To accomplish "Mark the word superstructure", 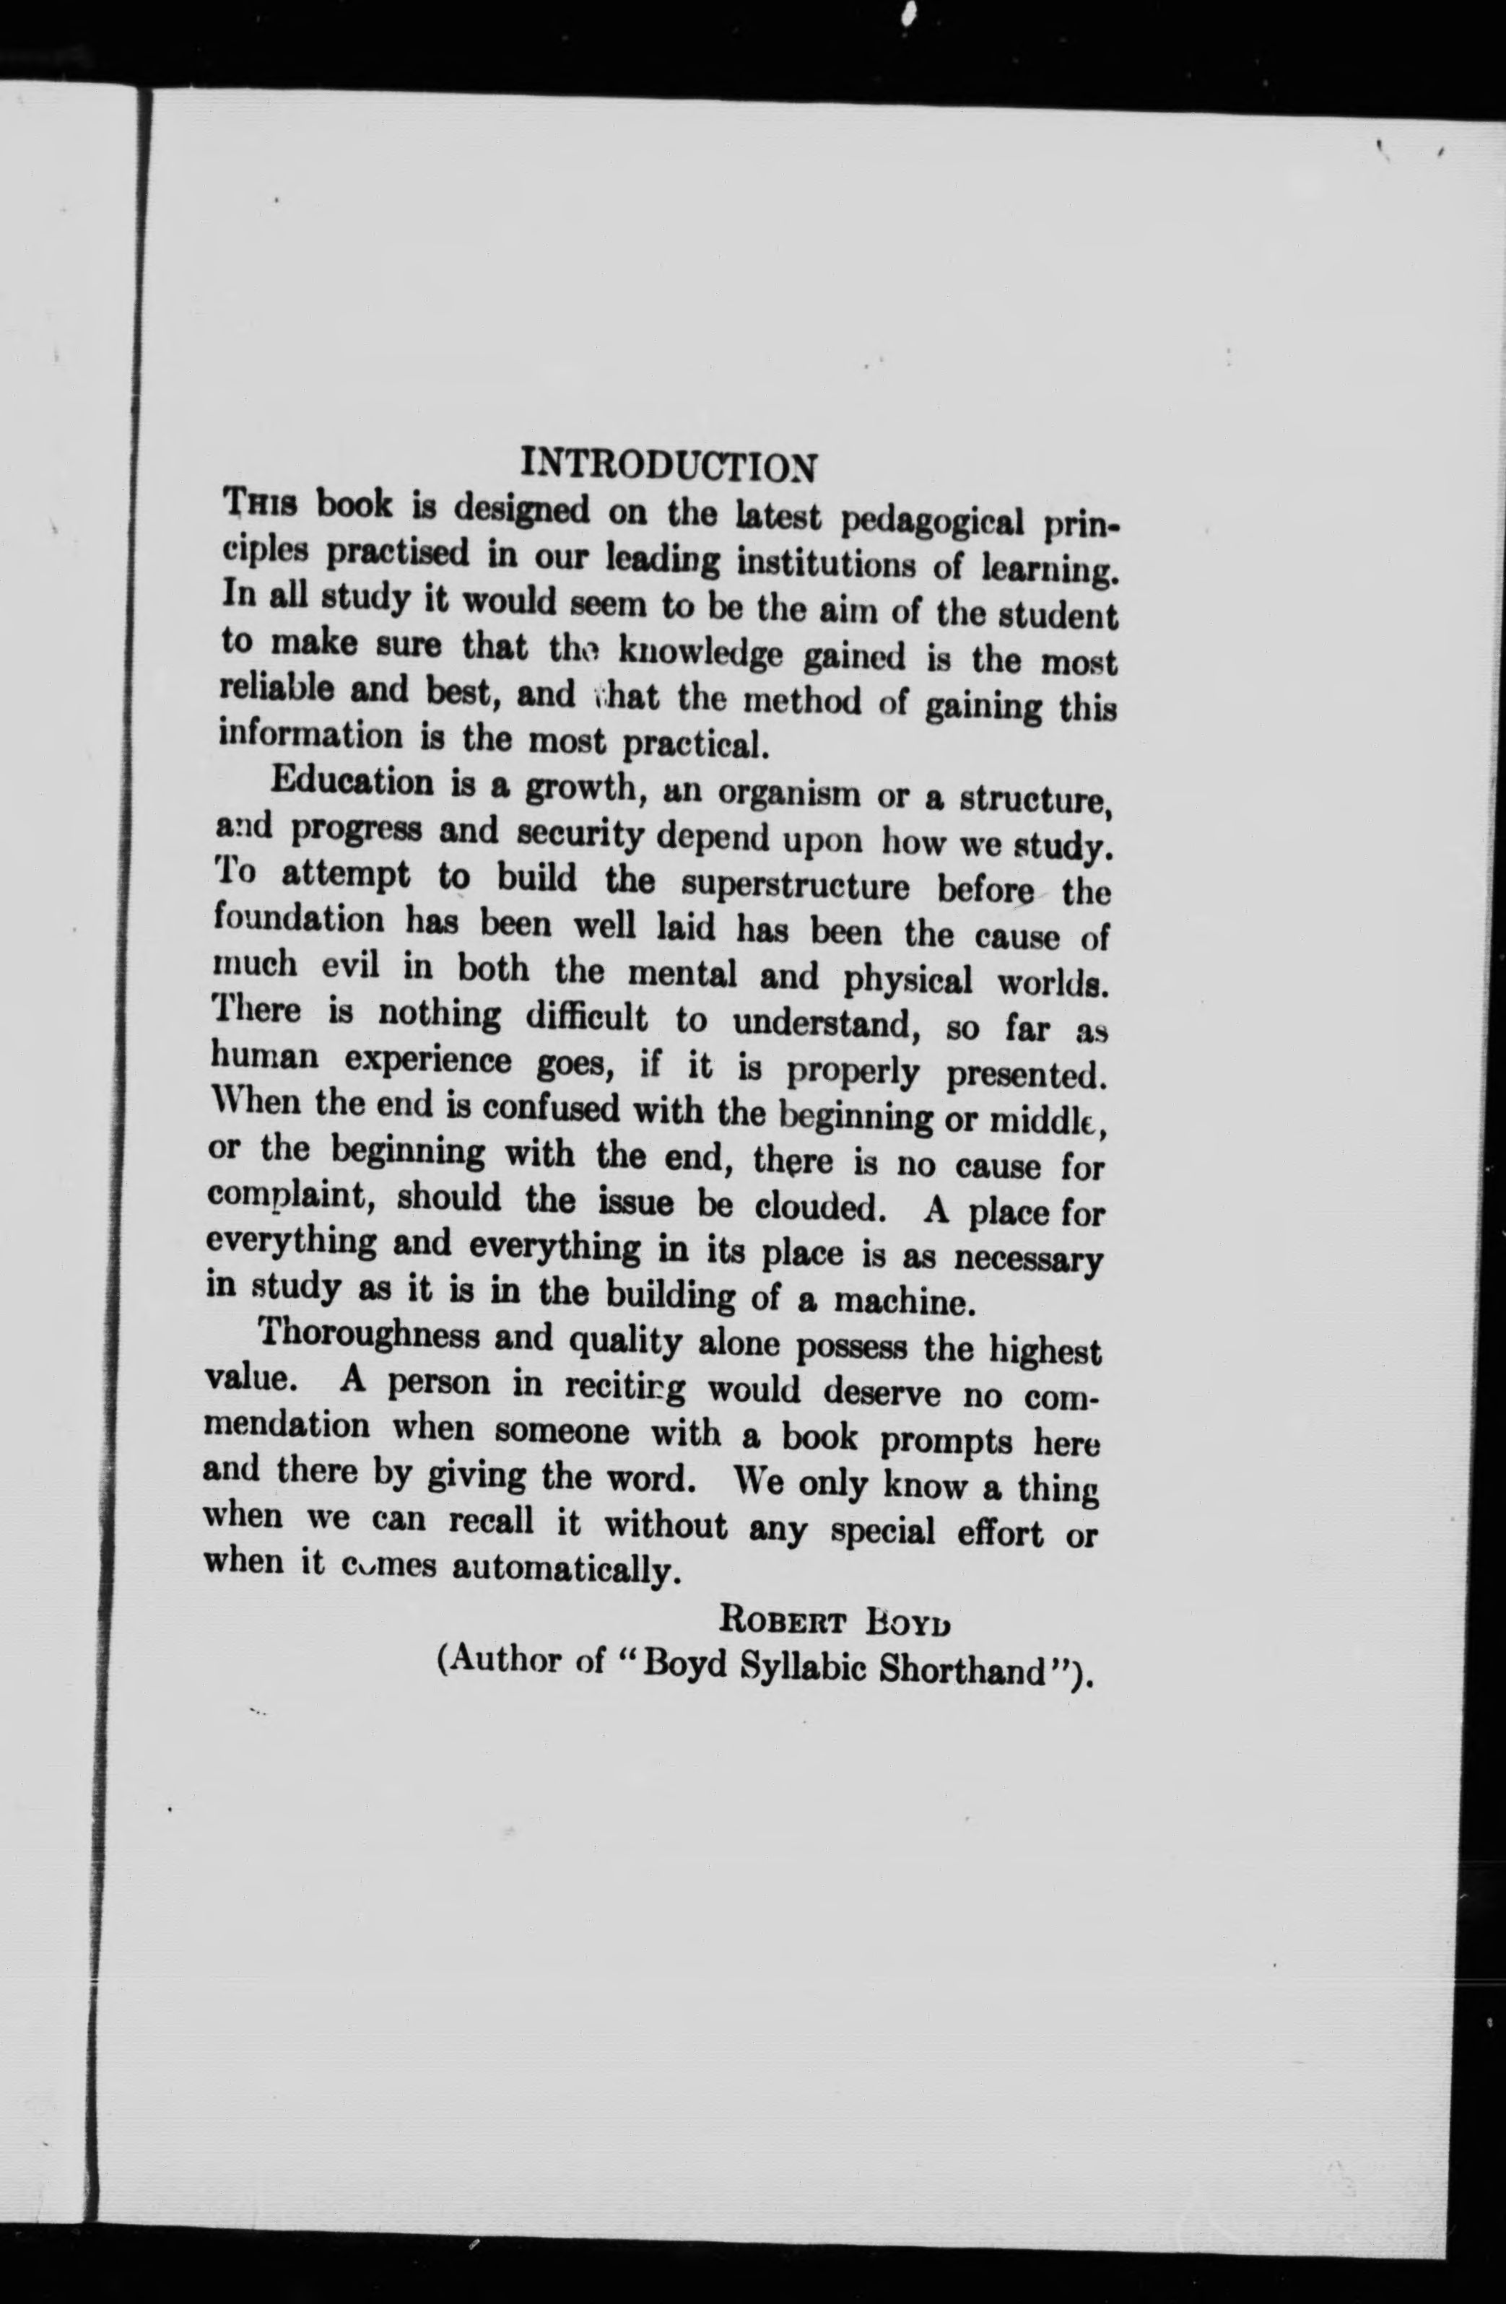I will coord(795,883).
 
